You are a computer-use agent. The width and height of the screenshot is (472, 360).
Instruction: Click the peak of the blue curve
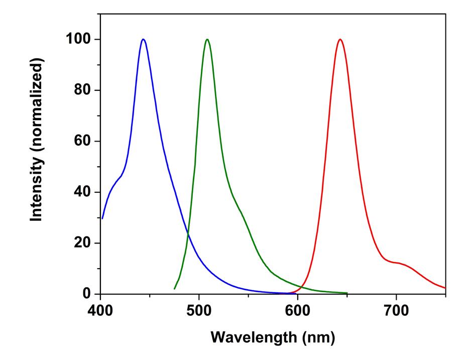click(x=143, y=39)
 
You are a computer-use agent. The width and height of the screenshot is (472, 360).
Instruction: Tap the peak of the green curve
click(x=207, y=39)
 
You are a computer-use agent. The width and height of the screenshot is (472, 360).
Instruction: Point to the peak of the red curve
click(x=340, y=39)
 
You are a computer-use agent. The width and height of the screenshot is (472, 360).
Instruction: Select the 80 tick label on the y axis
click(x=83, y=90)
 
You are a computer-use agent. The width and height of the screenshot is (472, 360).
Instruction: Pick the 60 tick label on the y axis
click(x=83, y=141)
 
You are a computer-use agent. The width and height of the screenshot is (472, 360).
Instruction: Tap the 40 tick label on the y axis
click(x=83, y=192)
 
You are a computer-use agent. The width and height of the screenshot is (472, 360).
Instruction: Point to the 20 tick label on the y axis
click(x=83, y=243)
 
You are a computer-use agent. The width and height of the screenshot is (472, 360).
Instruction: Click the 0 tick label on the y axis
click(x=88, y=294)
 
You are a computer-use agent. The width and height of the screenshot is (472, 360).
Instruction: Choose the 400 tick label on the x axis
click(x=101, y=309)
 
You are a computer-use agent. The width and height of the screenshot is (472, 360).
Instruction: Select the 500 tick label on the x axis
click(x=199, y=309)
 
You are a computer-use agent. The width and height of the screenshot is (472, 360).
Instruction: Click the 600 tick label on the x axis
click(x=298, y=309)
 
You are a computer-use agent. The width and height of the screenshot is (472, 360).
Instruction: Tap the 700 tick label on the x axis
click(x=396, y=309)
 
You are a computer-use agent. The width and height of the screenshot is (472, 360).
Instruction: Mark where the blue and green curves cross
click(x=188, y=234)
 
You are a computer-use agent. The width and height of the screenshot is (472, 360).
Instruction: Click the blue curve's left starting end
click(x=102, y=218)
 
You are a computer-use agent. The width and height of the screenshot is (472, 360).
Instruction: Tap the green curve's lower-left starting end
click(x=174, y=289)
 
